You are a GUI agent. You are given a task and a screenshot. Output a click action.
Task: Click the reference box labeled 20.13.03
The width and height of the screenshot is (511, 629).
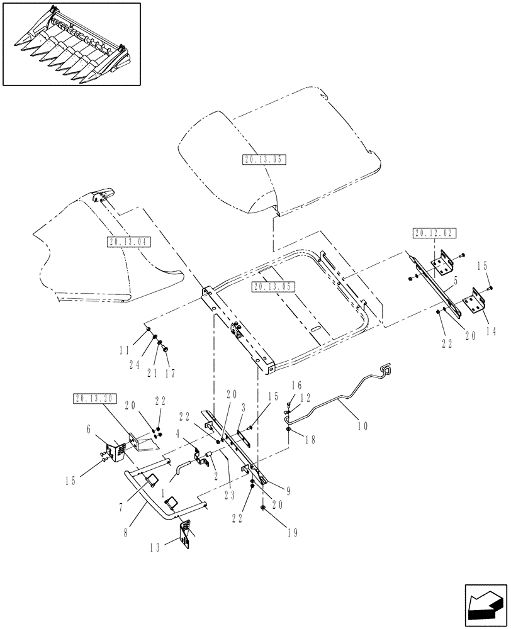(264, 160)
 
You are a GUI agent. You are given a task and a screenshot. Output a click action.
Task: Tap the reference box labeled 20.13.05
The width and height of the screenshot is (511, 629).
(274, 287)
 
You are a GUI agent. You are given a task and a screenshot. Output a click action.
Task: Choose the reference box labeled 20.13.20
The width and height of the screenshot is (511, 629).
(94, 398)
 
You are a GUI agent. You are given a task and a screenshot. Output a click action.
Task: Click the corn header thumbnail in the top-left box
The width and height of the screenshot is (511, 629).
(70, 43)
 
